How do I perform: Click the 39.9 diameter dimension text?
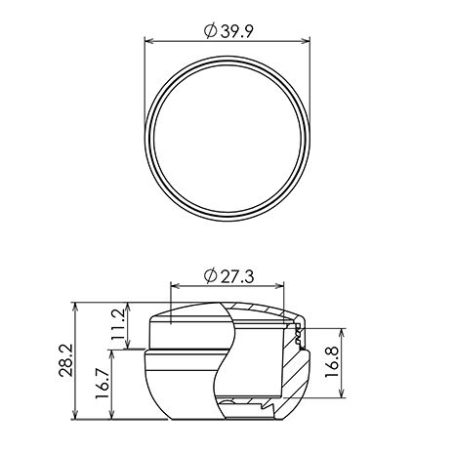tap(228, 31)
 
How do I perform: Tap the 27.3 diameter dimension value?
tap(228, 276)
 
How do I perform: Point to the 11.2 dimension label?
tap(118, 324)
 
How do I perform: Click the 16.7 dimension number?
tap(102, 384)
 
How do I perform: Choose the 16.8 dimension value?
tap(332, 362)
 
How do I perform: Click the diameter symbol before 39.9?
tap(210, 31)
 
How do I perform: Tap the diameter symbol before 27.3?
tap(210, 276)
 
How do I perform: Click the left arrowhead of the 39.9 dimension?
tap(148, 41)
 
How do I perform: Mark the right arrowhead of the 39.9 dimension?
tap(306, 41)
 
